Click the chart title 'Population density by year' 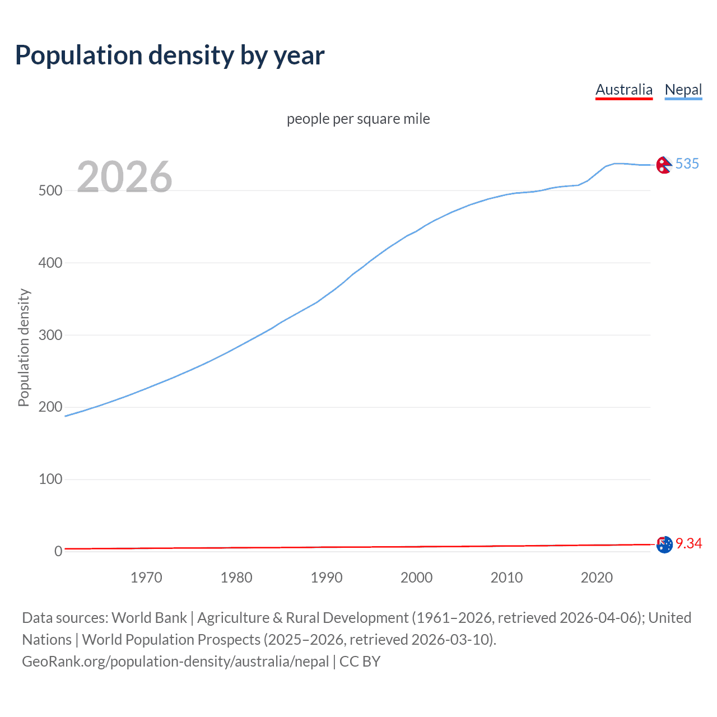pos(170,55)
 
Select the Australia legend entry pos(623,90)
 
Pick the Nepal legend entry pos(683,90)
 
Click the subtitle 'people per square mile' pos(358,119)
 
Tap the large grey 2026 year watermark pos(124,177)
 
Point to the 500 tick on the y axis pos(50,190)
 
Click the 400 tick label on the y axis pos(50,263)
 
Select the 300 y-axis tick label pos(50,335)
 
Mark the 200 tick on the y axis pos(50,407)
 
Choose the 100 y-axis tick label pos(50,479)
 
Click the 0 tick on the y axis pos(58,552)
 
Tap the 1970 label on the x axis pos(146,578)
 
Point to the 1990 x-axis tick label pos(327,578)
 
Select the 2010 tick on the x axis pos(506,578)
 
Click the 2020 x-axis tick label pos(597,578)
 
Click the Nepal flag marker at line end pos(664,165)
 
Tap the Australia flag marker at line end pos(664,544)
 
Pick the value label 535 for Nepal pos(687,164)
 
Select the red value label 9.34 pos(688,544)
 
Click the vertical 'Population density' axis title pos(24,347)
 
